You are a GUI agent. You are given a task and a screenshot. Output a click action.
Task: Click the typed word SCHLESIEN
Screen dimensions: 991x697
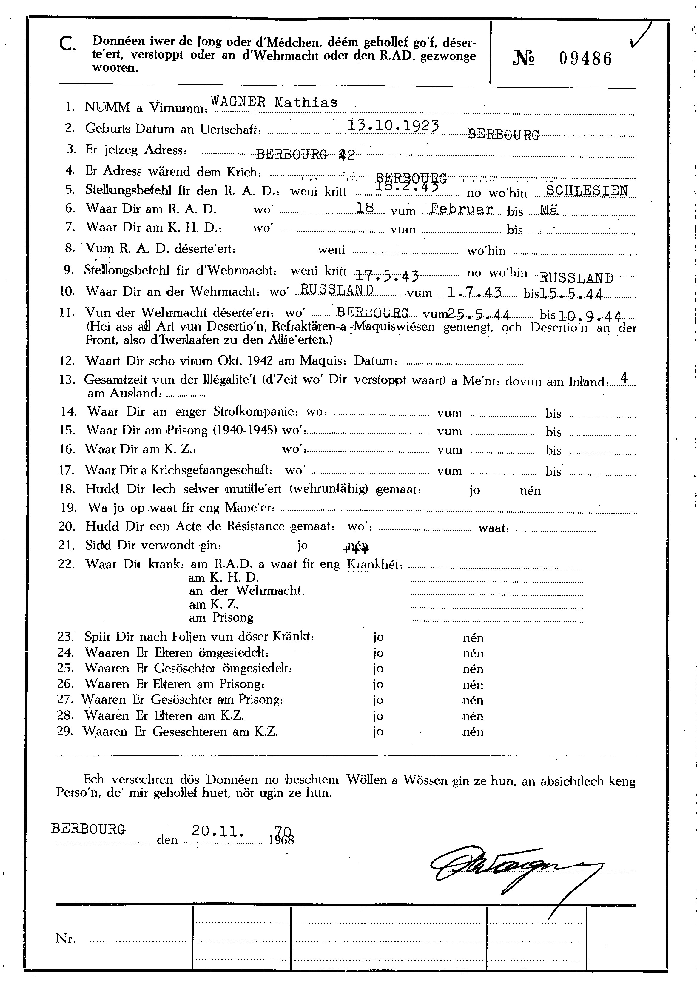coord(587,190)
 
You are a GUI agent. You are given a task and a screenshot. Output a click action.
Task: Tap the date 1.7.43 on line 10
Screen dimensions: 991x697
coord(474,293)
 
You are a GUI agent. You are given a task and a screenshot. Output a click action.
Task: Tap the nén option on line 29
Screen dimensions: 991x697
coord(473,732)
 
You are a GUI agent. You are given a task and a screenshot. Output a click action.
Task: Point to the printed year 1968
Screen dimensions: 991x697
coord(281,840)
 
